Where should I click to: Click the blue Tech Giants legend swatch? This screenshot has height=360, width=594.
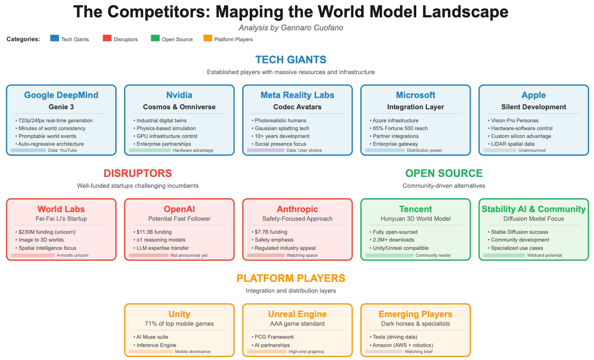click(55, 39)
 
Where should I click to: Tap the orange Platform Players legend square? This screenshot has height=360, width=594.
click(208, 39)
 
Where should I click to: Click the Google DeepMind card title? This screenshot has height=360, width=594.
click(61, 95)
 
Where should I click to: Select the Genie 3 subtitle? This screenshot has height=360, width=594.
click(61, 107)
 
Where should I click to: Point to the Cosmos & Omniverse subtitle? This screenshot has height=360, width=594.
click(179, 107)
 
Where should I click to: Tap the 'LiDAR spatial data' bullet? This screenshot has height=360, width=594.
click(512, 144)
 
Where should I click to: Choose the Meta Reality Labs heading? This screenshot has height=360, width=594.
click(297, 95)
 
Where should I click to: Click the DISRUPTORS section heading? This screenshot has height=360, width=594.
click(137, 173)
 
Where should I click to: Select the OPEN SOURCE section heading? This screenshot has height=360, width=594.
click(444, 173)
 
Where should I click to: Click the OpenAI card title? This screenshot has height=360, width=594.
click(179, 209)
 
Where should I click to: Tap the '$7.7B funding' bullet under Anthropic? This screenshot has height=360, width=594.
click(271, 232)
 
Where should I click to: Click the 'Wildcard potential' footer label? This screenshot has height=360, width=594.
click(544, 255)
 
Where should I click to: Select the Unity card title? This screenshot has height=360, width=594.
click(179, 314)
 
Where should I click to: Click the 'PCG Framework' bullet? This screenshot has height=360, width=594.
click(274, 337)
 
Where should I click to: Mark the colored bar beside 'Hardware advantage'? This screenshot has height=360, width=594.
click(150, 151)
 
